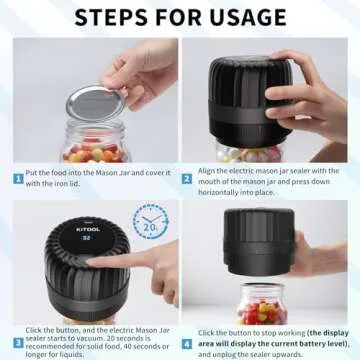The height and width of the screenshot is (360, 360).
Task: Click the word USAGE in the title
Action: click(247, 17)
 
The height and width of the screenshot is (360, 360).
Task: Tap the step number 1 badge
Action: click(18, 179)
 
